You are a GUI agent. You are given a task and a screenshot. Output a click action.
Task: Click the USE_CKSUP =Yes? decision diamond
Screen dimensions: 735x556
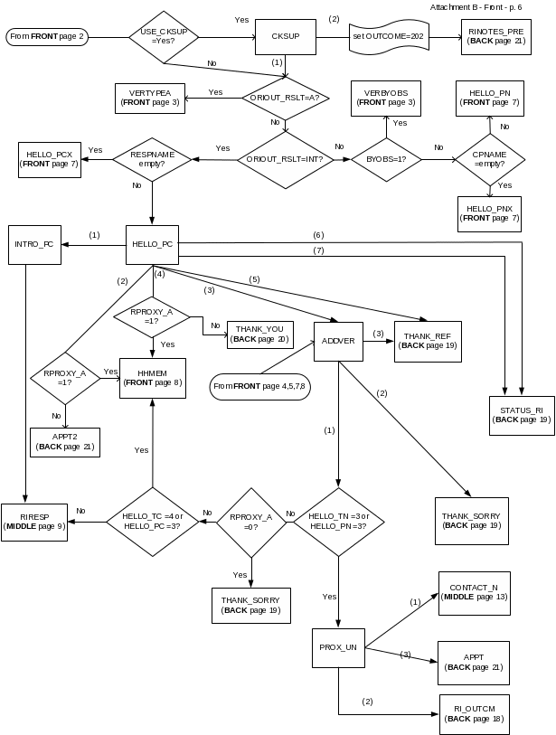click(164, 37)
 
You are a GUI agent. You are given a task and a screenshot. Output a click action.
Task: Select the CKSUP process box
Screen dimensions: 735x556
click(285, 37)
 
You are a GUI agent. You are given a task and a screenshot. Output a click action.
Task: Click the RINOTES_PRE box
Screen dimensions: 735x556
click(496, 36)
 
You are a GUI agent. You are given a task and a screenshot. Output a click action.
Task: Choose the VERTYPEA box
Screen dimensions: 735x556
click(150, 98)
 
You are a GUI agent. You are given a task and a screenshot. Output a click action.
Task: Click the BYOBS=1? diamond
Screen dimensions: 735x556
click(386, 159)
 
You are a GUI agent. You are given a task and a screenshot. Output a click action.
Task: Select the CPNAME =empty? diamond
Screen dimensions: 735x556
click(489, 159)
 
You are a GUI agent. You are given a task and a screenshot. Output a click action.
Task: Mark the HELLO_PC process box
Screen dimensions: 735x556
click(152, 244)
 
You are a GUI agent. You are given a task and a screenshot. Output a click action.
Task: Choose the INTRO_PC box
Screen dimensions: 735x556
click(35, 244)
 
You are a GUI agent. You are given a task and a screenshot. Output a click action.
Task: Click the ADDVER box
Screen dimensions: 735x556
click(338, 341)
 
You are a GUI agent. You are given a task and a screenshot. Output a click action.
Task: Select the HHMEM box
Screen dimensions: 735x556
click(153, 378)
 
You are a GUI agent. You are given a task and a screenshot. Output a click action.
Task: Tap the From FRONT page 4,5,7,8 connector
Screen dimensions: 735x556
click(259, 386)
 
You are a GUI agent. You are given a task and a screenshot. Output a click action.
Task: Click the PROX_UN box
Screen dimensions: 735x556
click(338, 647)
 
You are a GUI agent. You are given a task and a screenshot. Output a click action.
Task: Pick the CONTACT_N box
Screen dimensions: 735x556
click(474, 592)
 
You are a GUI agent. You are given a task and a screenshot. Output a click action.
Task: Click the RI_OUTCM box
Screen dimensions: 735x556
click(474, 713)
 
